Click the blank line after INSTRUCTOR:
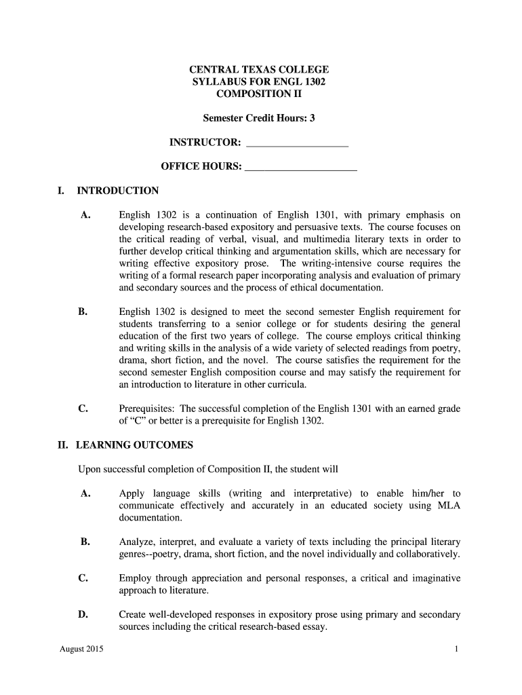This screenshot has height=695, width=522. point(298,143)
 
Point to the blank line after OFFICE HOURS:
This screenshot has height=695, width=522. point(300,167)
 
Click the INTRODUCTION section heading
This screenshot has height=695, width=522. point(118,191)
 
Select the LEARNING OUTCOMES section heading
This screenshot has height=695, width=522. point(134,445)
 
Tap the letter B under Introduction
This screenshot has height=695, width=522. point(83,312)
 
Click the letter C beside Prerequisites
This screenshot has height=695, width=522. point(83,409)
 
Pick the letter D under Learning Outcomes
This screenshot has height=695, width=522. point(83,615)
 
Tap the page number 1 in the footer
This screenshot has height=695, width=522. point(457,650)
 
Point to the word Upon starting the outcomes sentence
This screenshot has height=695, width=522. point(90,469)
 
